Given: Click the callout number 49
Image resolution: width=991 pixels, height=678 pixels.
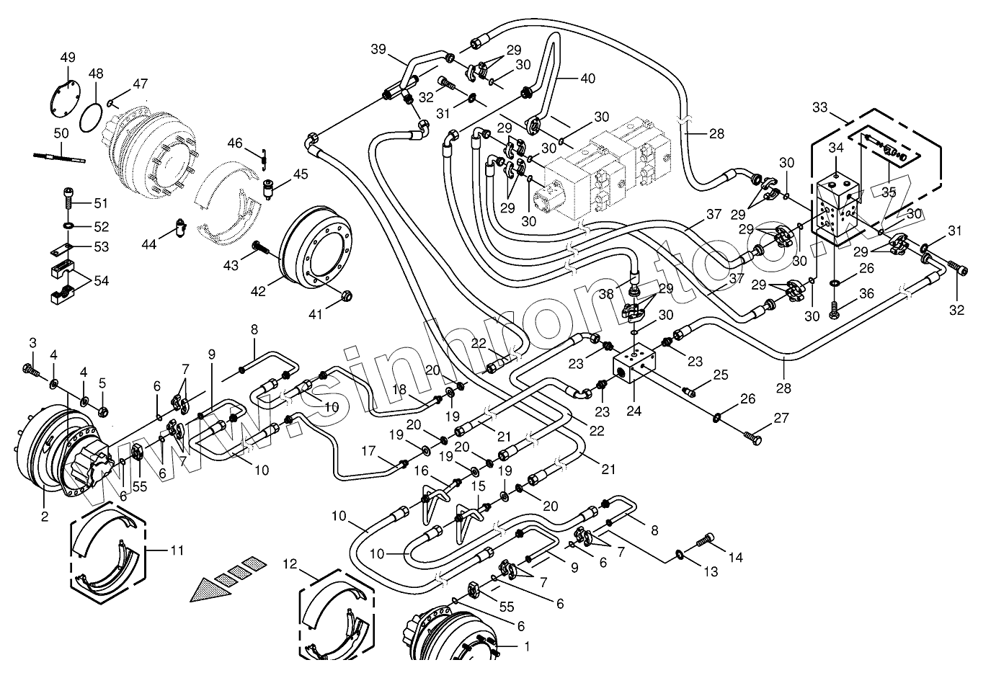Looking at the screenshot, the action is (68, 58).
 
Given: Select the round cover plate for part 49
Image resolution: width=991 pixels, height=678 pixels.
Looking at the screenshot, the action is (65, 99).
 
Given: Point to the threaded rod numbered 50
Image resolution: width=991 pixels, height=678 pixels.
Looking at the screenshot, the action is (59, 158).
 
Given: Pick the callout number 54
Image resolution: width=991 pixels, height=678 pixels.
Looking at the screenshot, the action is (102, 280).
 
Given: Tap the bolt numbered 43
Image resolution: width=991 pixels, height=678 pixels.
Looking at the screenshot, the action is (261, 248).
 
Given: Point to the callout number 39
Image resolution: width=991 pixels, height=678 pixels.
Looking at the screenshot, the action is (378, 49).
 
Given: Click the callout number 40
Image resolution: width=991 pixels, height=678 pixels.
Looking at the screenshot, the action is (587, 79).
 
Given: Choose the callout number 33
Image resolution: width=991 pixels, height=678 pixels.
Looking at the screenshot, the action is (819, 107).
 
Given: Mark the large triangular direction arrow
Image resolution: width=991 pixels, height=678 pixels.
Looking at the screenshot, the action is (210, 590).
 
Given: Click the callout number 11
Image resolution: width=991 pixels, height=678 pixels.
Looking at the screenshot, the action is (177, 550).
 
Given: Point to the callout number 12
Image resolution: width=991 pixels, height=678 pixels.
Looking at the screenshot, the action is (290, 564).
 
